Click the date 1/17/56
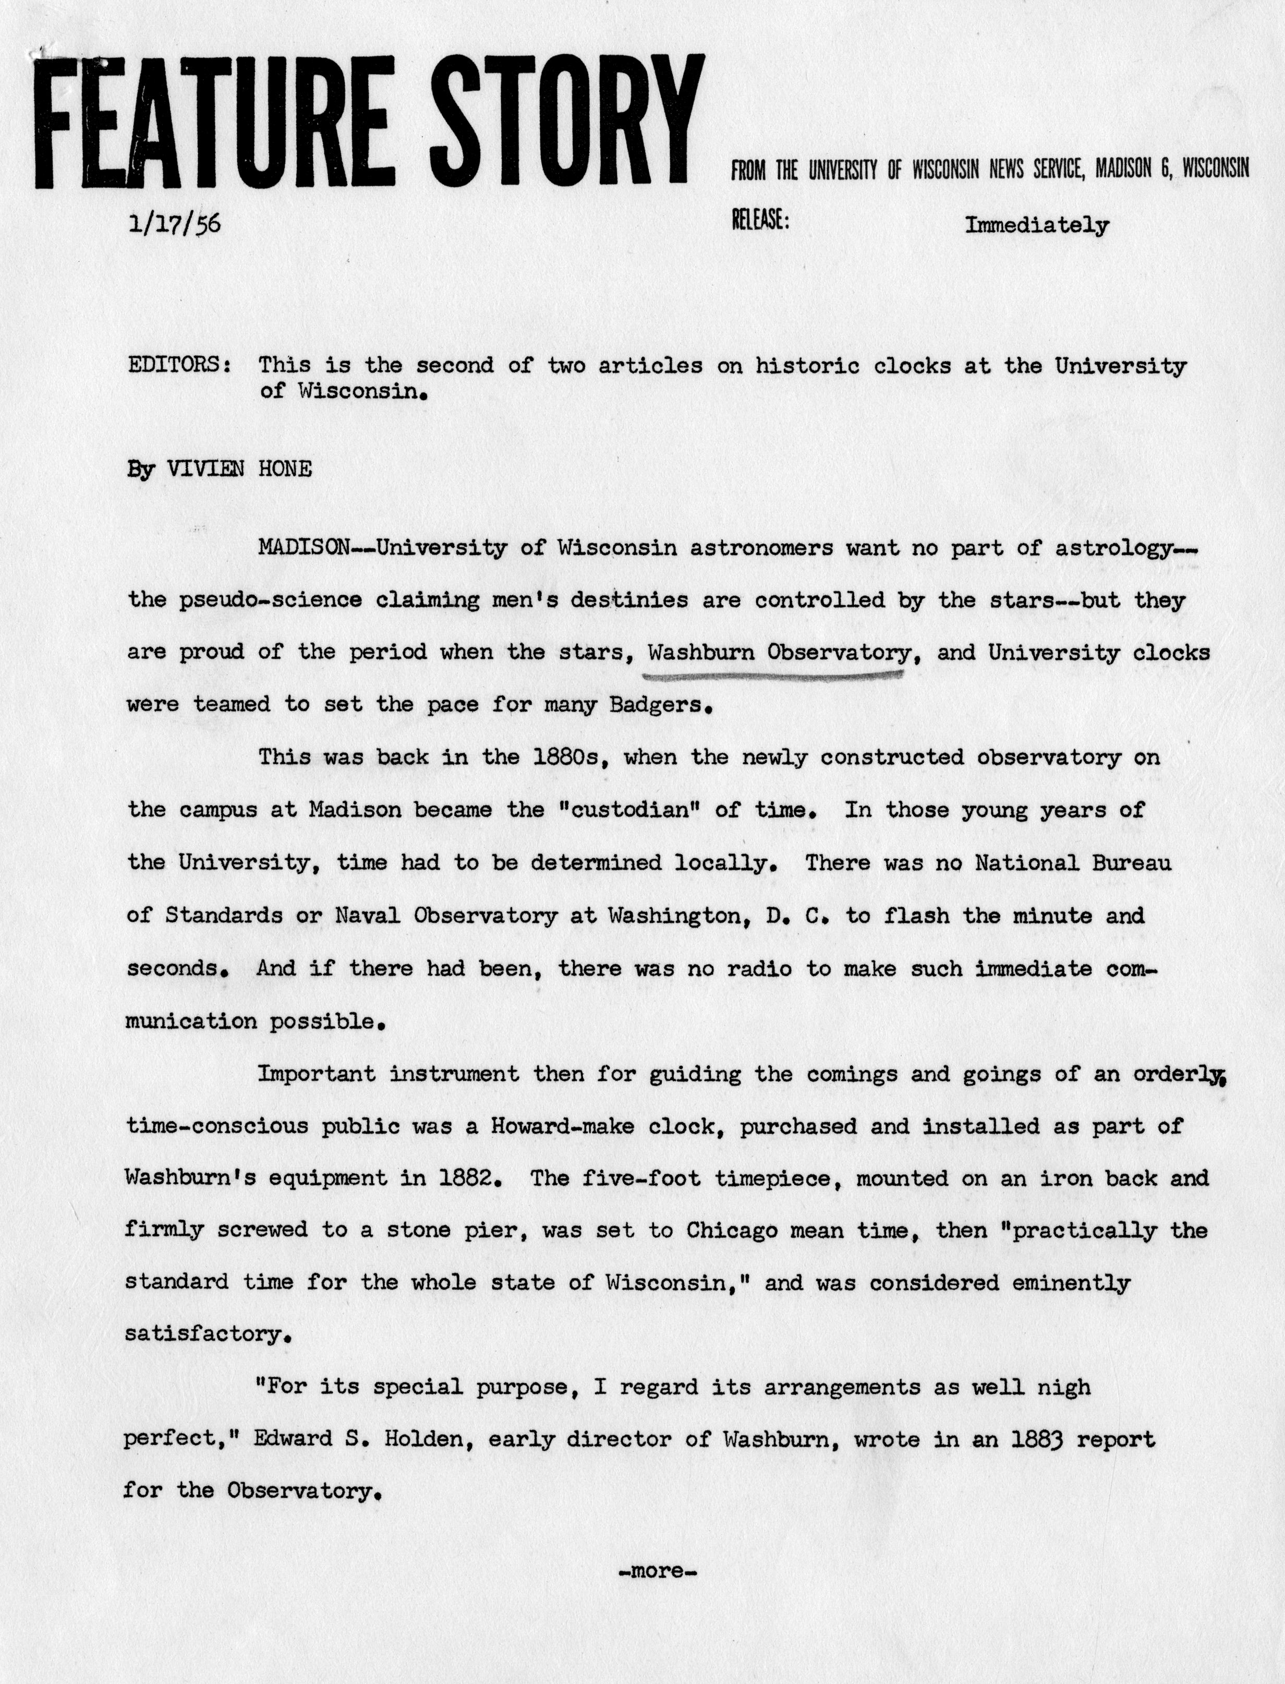pyautogui.click(x=175, y=224)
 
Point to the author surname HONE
pyautogui.click(x=285, y=469)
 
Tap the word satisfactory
pyautogui.click(x=207, y=1334)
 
